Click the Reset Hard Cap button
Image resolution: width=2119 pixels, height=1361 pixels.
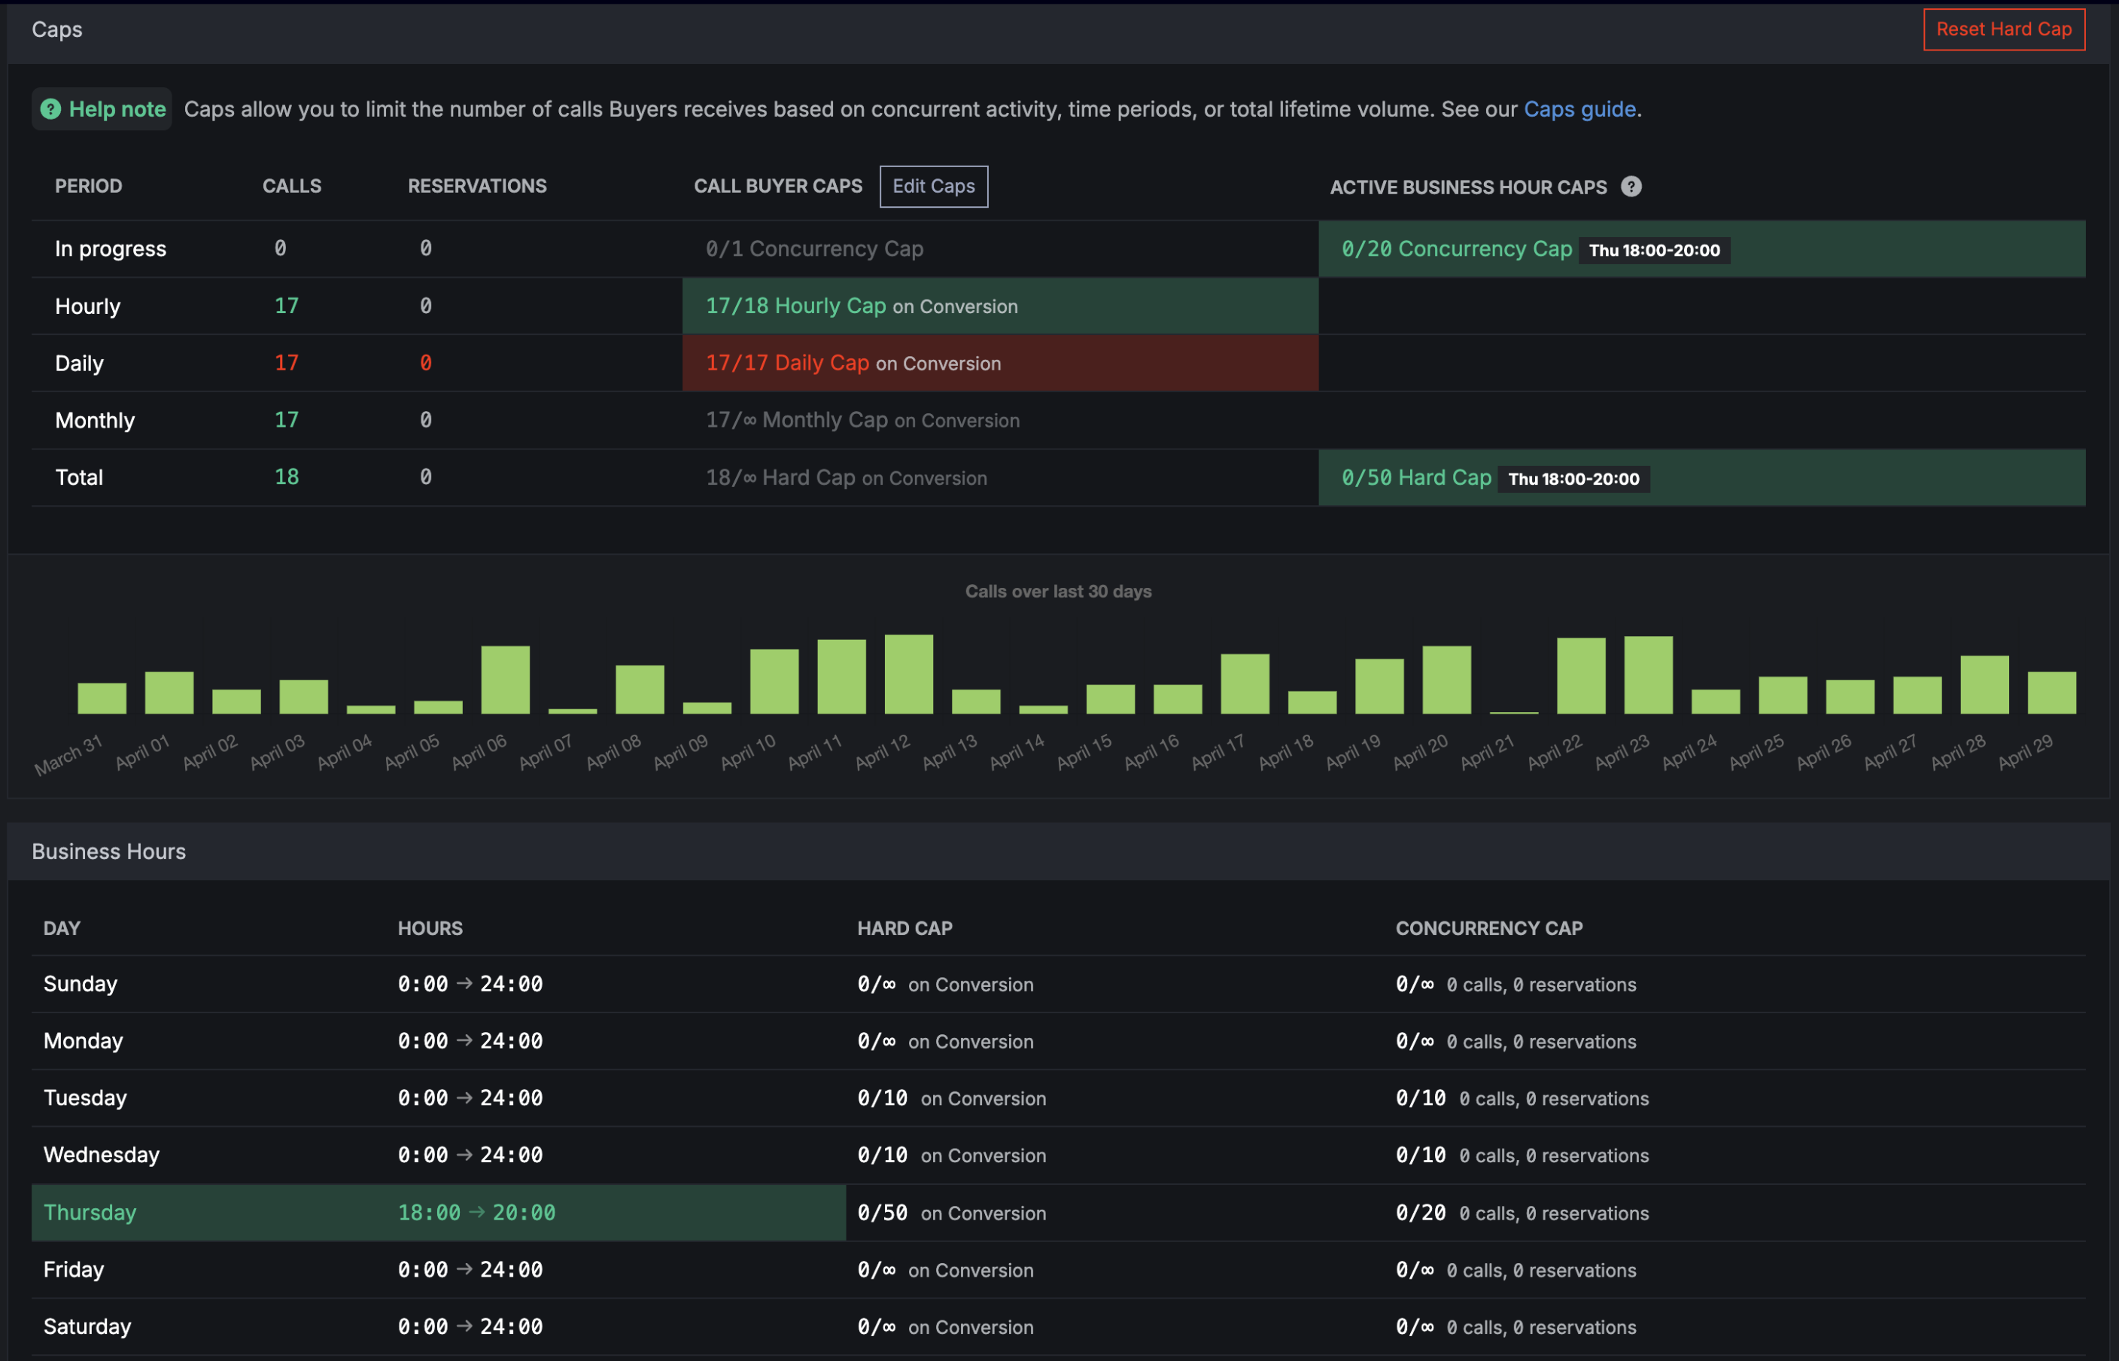[x=2003, y=29]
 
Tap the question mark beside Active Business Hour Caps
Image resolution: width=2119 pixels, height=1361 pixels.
[x=1631, y=187]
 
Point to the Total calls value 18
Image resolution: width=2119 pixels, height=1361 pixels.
[x=286, y=477]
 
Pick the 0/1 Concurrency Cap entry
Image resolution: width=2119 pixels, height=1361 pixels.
[x=814, y=248]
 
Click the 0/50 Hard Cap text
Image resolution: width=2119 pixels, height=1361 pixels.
[x=1416, y=477]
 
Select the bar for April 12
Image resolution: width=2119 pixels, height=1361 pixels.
[x=908, y=674]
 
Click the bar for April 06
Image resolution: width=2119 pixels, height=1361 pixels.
[x=505, y=680]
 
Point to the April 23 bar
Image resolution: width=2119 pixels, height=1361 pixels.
[x=1648, y=674]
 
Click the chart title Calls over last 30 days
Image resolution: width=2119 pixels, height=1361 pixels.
[x=1058, y=591]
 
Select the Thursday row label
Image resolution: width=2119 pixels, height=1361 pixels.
[x=90, y=1212]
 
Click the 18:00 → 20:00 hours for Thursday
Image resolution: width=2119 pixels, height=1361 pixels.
[x=476, y=1212]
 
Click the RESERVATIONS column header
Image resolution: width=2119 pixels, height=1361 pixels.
[x=477, y=186]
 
